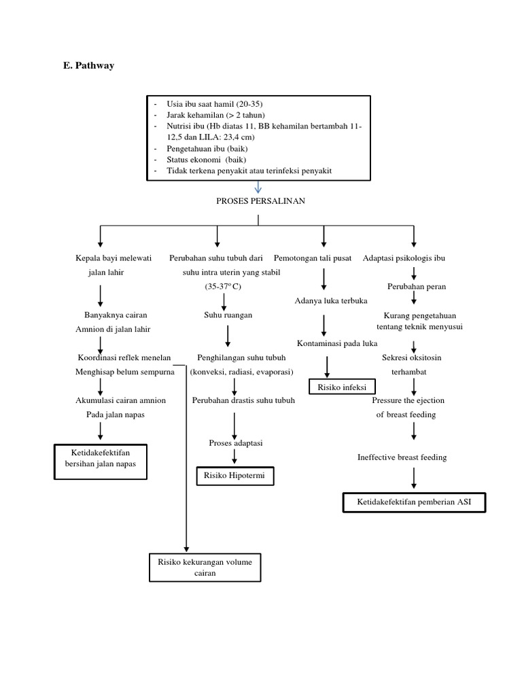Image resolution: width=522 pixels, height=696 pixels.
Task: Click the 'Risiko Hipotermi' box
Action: click(x=235, y=477)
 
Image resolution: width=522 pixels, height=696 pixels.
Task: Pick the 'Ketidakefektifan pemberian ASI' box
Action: click(x=414, y=503)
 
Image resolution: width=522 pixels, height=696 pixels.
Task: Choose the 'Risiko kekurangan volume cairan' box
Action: click(x=205, y=568)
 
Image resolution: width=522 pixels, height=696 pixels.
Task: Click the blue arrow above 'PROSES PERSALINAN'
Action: click(x=258, y=186)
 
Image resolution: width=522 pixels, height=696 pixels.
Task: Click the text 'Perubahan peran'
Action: click(x=417, y=286)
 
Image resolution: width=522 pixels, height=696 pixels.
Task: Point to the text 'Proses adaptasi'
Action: click(x=235, y=442)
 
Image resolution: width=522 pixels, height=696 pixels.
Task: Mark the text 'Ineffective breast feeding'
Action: click(x=402, y=457)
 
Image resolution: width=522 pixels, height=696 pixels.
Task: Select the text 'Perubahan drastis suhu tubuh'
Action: click(x=243, y=400)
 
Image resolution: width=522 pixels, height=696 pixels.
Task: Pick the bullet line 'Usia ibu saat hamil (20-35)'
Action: click(x=214, y=103)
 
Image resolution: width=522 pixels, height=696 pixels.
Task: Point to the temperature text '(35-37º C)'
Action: click(x=223, y=287)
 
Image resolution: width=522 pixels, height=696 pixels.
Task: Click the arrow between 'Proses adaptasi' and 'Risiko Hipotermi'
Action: click(x=234, y=458)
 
